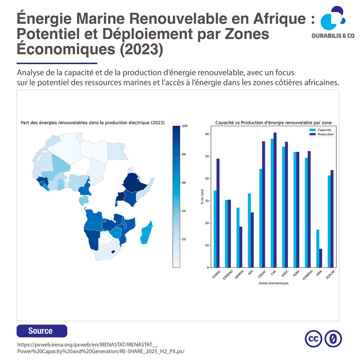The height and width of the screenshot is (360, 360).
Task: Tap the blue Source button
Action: (41, 331)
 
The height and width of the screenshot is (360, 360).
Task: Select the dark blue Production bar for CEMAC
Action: (218, 213)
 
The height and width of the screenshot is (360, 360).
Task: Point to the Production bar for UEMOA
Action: (240, 247)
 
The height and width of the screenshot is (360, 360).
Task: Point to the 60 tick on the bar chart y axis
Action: (207, 134)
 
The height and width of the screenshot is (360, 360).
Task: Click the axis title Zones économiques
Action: (273, 283)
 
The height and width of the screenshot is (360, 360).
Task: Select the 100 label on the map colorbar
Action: (184, 126)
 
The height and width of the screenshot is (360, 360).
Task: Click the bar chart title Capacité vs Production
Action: (273, 122)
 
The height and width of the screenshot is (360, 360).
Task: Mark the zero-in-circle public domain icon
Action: (333, 339)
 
